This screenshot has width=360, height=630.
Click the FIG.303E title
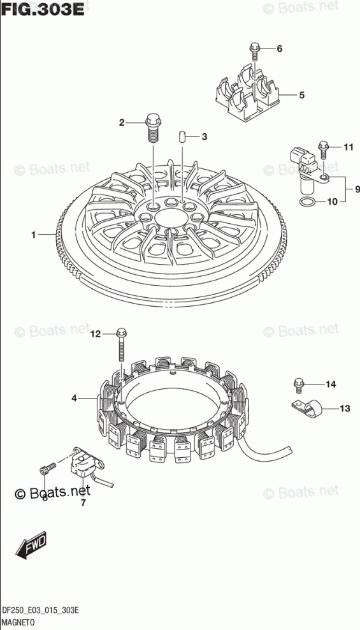pos(42,9)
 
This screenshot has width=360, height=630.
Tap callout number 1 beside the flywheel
pos(34,235)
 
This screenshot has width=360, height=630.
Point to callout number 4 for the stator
pos(75,398)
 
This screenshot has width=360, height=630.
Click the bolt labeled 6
pos(254,52)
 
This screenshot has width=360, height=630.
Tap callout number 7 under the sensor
pos(83,502)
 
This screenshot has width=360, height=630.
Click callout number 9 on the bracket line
pos(357,189)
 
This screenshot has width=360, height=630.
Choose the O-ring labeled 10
pos(306,202)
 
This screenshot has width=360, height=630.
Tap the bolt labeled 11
pos(323,150)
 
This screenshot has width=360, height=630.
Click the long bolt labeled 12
pos(121,346)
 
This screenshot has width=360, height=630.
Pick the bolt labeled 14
pos(299,386)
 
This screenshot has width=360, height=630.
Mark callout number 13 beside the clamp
pos(345,409)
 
